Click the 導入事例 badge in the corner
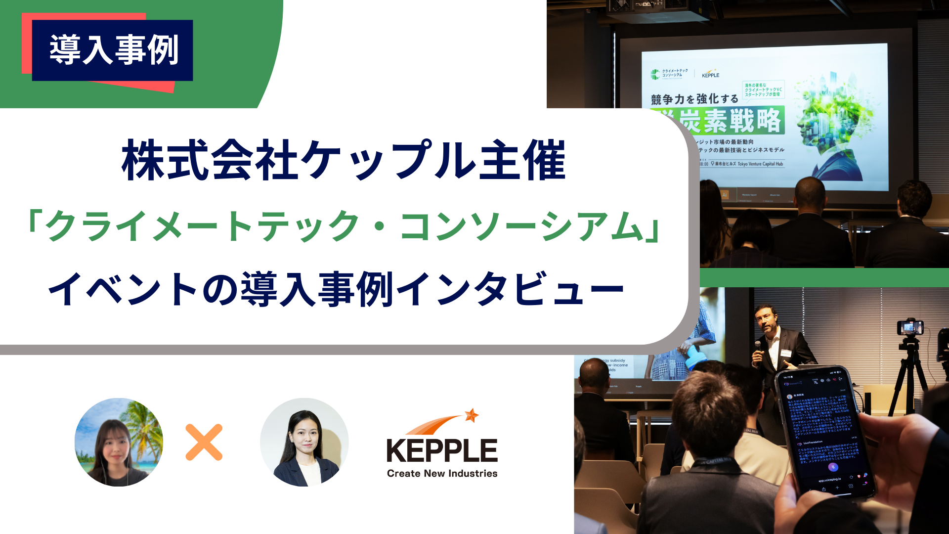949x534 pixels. [113, 50]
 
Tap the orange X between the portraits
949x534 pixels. [204, 442]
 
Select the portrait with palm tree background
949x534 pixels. [119, 442]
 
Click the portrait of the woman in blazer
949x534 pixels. [304, 442]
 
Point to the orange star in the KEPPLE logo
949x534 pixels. [472, 415]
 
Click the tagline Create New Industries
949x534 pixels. [442, 473]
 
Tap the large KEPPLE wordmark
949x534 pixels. [442, 450]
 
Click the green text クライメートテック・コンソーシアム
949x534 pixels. [344, 226]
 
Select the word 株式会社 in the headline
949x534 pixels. [210, 160]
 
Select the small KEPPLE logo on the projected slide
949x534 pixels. [710, 74]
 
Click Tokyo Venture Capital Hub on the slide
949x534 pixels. [760, 164]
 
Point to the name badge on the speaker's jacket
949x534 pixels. [785, 353]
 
